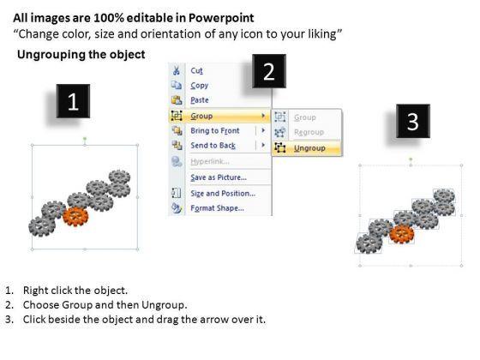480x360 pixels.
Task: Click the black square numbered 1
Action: tap(73, 101)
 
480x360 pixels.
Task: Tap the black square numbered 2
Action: tap(269, 71)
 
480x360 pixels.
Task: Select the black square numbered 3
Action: tap(413, 121)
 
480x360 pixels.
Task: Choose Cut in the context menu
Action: tap(196, 70)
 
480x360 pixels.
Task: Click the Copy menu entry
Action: tap(199, 86)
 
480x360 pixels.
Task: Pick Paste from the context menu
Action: tap(200, 100)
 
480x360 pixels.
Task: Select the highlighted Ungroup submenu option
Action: tap(309, 148)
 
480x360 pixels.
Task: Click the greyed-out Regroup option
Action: tap(309, 132)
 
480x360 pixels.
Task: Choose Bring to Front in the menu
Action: tap(215, 130)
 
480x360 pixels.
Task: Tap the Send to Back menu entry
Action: tap(213, 146)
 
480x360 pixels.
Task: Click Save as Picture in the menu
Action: tap(219, 177)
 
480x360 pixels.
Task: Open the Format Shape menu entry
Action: tap(218, 208)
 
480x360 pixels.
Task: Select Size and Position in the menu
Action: tap(223, 194)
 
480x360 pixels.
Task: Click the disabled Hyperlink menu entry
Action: tap(210, 161)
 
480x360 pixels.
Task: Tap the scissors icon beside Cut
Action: tap(177, 70)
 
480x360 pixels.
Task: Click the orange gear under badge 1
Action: tap(75, 216)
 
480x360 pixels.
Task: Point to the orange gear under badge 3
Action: tap(402, 234)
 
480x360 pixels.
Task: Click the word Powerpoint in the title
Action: tap(221, 18)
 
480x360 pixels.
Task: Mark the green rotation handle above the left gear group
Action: tap(85, 139)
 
